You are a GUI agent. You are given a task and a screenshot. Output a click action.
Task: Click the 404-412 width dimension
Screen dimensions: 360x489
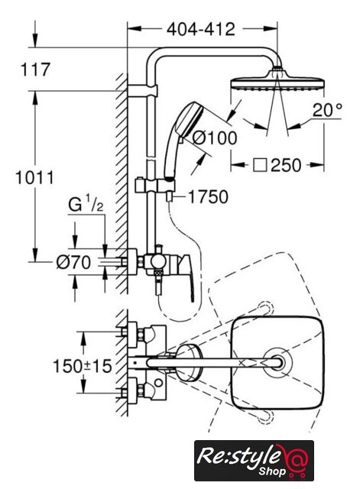click(x=200, y=29)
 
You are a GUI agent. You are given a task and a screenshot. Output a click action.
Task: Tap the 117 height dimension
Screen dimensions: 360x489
click(x=35, y=70)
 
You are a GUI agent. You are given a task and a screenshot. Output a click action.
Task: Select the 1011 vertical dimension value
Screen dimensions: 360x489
click(x=34, y=178)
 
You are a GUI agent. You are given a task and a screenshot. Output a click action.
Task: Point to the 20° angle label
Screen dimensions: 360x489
click(x=328, y=110)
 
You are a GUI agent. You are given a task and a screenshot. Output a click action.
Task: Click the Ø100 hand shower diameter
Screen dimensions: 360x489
click(x=214, y=138)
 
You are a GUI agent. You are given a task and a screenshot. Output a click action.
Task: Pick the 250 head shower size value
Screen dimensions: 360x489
click(x=286, y=165)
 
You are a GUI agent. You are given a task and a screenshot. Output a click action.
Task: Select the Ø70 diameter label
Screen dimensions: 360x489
click(x=73, y=262)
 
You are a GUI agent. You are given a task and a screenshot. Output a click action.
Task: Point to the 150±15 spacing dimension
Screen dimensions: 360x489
click(x=83, y=366)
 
